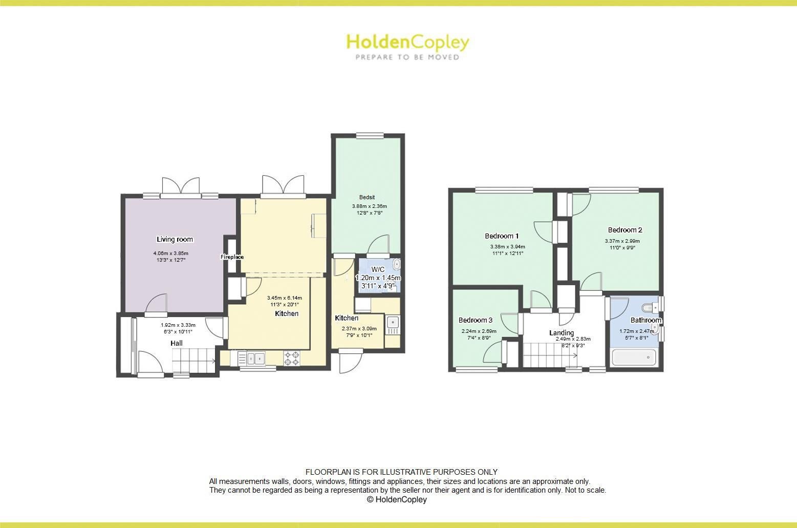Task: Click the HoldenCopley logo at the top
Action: [407, 46]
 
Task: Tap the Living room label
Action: [175, 239]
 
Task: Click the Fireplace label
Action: [232, 257]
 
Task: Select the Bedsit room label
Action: [367, 197]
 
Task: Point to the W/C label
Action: [378, 269]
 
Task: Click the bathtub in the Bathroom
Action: [634, 357]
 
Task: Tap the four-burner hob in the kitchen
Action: [292, 358]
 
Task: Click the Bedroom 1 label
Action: [502, 236]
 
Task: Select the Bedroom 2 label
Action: [624, 230]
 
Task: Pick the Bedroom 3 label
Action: [475, 320]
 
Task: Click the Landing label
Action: [562, 332]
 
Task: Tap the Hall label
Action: [177, 343]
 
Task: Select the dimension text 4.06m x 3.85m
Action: [170, 253]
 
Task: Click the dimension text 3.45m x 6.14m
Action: [284, 298]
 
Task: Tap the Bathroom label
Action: [645, 320]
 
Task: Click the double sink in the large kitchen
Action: [255, 358]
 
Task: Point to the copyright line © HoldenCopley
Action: [396, 499]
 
